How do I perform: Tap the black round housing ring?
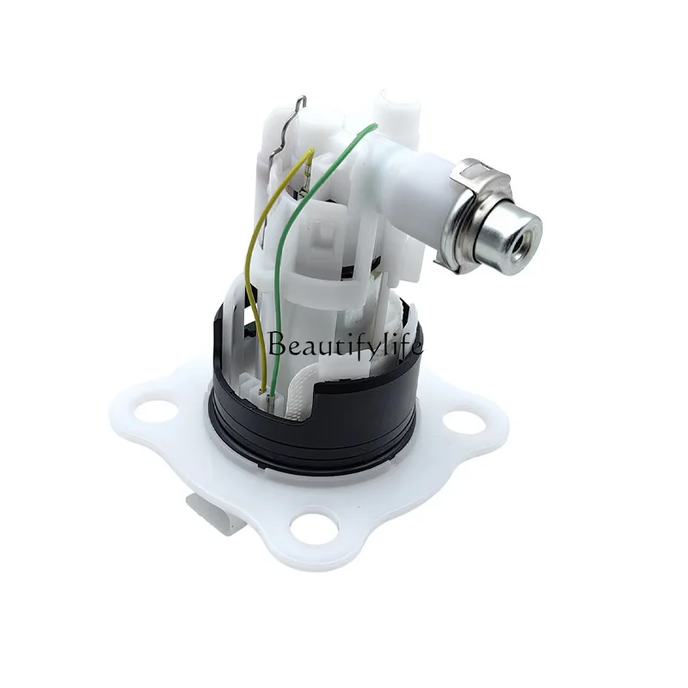[314, 421]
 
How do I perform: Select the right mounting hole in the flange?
[465, 421]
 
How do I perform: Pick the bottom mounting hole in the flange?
[315, 525]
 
